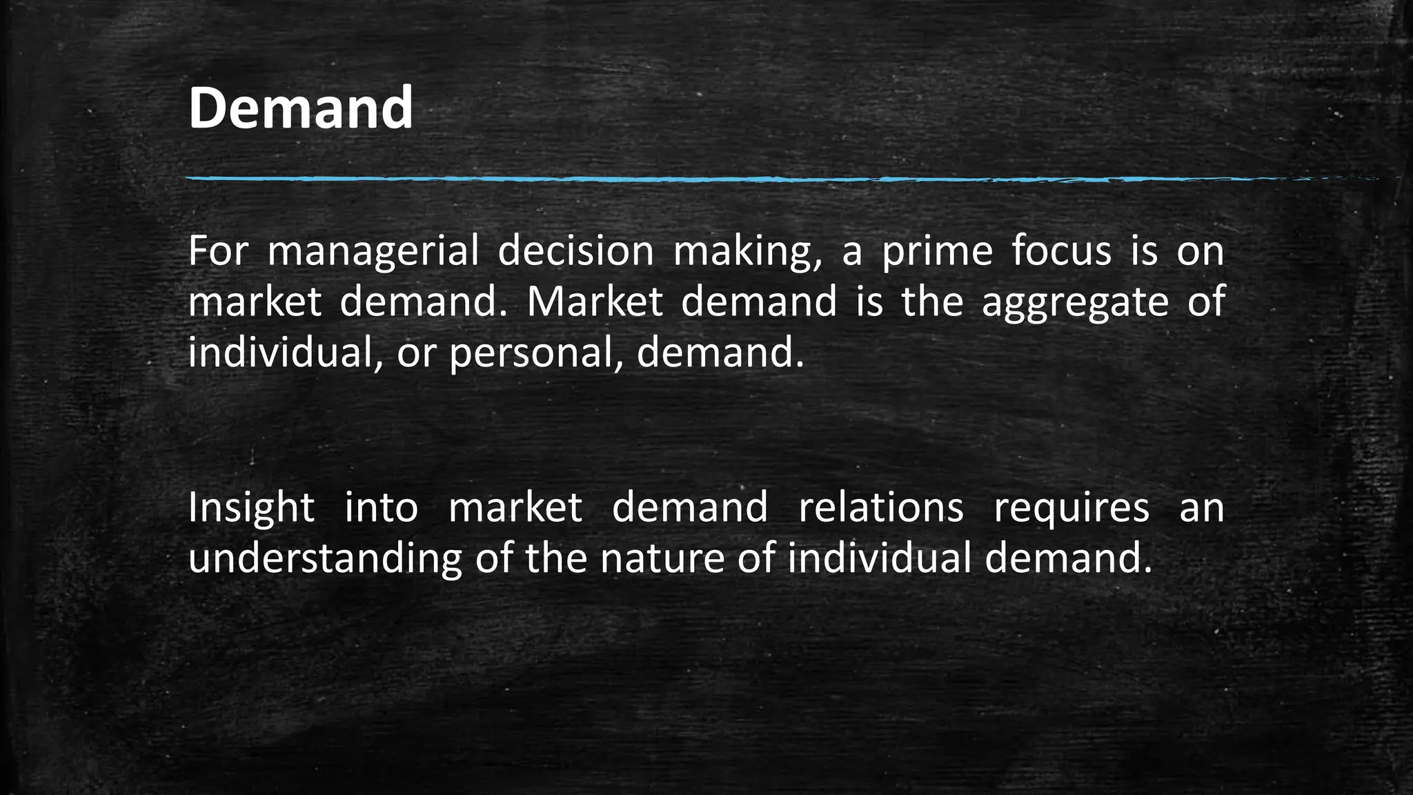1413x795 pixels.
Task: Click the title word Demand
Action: (x=300, y=108)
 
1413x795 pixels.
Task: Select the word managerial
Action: (x=373, y=251)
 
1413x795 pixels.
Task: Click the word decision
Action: (x=575, y=251)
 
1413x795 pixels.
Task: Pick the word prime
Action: (x=937, y=251)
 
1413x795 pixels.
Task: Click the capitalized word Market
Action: (x=595, y=302)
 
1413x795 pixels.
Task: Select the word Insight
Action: (x=251, y=508)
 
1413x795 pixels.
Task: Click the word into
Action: (x=381, y=508)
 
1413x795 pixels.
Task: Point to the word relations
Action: (x=880, y=508)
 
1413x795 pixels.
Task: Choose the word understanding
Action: (x=324, y=559)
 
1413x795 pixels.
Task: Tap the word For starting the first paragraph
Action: (x=217, y=251)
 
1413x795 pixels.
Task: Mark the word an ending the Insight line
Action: (x=1201, y=508)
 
